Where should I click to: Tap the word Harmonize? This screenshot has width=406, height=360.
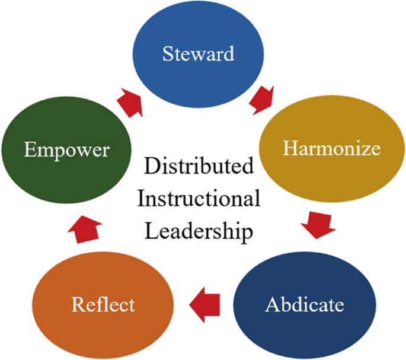point(331,148)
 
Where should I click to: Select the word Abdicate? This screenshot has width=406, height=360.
point(304,305)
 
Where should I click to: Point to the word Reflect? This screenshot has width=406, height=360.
point(103,305)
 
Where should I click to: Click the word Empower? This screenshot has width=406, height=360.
point(66,149)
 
